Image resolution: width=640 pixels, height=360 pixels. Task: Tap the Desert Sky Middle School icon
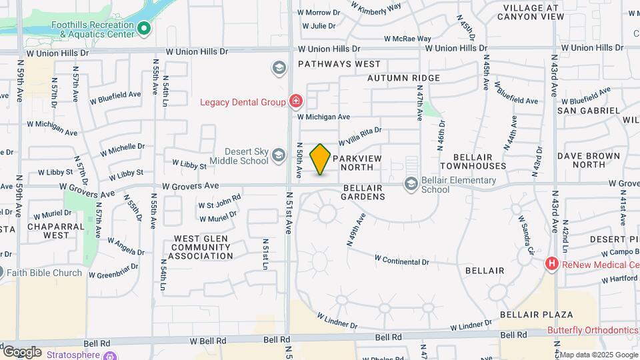pyautogui.click(x=279, y=157)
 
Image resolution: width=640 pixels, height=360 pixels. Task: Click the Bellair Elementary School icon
pyautogui.click(x=411, y=183)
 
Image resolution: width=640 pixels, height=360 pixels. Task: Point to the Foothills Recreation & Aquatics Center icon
pyautogui.click(x=144, y=28)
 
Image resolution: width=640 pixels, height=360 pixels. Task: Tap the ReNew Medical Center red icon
pyautogui.click(x=551, y=264)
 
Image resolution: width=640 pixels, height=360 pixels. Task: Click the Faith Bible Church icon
pyautogui.click(x=2, y=272)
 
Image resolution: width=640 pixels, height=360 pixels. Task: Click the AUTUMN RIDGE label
pyautogui.click(x=403, y=78)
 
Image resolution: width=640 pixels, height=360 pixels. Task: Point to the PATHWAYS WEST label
pyautogui.click(x=339, y=64)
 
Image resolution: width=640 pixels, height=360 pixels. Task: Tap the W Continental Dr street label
pyautogui.click(x=401, y=259)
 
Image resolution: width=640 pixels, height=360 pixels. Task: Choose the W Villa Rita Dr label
pyautogui.click(x=359, y=137)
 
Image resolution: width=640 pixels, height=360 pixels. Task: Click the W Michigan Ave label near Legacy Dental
pyautogui.click(x=323, y=117)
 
